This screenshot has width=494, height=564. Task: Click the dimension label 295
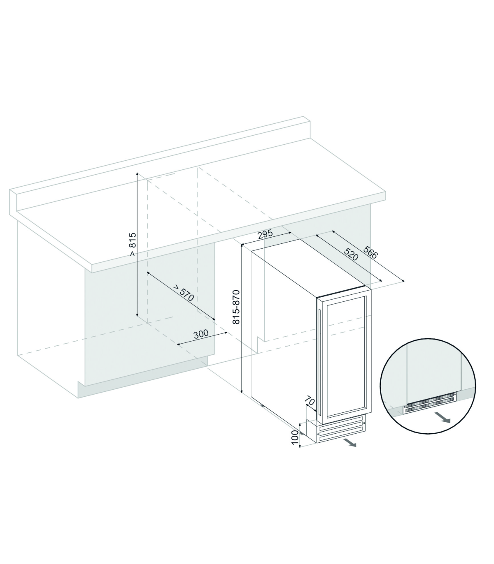pyautogui.click(x=265, y=234)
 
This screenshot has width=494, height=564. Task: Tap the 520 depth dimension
pyautogui.click(x=351, y=254)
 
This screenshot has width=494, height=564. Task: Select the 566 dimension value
pyautogui.click(x=370, y=252)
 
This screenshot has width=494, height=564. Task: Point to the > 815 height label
pyautogui.click(x=133, y=244)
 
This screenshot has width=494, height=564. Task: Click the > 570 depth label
pyautogui.click(x=184, y=293)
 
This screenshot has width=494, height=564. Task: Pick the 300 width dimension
pyautogui.click(x=201, y=334)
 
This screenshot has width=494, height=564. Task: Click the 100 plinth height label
pyautogui.click(x=295, y=437)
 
